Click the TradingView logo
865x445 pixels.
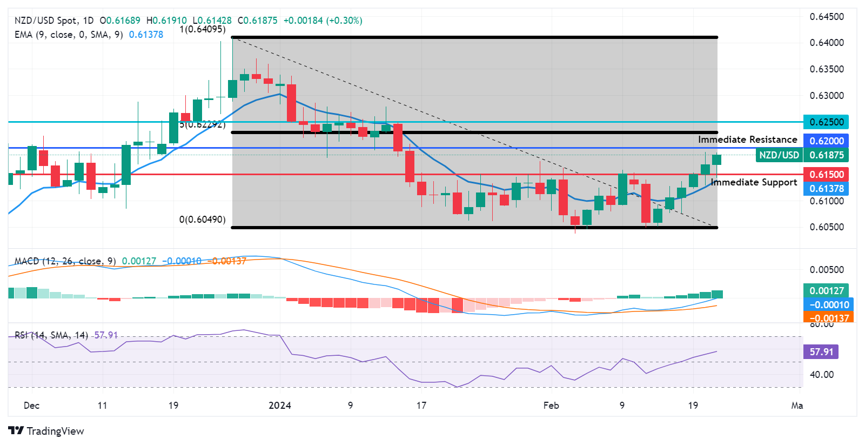tap(46, 431)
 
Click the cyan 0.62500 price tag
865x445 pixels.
tap(826, 122)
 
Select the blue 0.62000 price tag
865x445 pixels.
tap(826, 141)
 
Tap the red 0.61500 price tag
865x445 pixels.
tap(826, 175)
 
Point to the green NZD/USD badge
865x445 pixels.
tap(779, 155)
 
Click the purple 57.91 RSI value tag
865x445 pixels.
tap(821, 352)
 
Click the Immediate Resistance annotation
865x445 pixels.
tap(747, 140)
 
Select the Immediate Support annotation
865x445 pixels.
tap(754, 182)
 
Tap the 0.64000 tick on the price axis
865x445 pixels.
tap(826, 43)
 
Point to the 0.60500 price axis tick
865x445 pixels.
tap(826, 227)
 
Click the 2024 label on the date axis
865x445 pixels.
tap(280, 406)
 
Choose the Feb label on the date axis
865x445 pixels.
tap(551, 406)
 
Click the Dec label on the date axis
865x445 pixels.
tap(32, 406)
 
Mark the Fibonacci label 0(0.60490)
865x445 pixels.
tap(203, 220)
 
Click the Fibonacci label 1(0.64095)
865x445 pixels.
tap(203, 29)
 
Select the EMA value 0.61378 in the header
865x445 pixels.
tap(146, 35)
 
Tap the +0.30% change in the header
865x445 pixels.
tap(344, 21)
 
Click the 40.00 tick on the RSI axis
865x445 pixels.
tap(821, 374)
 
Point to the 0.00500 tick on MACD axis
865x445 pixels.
tap(826, 270)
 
